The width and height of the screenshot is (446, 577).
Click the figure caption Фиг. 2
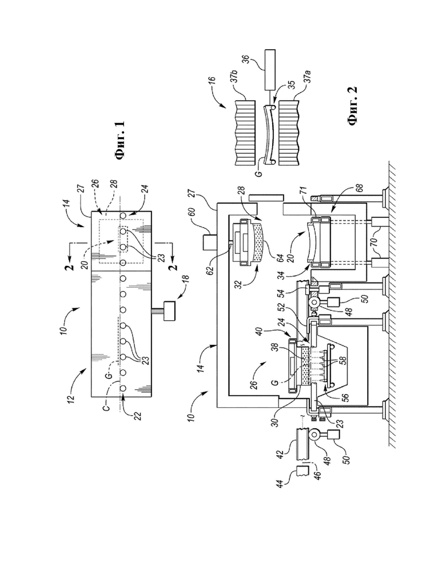352,106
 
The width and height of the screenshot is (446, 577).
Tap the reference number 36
246,61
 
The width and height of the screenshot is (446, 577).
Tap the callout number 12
71,397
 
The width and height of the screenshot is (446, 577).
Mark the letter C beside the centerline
106,408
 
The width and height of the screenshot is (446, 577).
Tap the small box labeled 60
209,242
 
